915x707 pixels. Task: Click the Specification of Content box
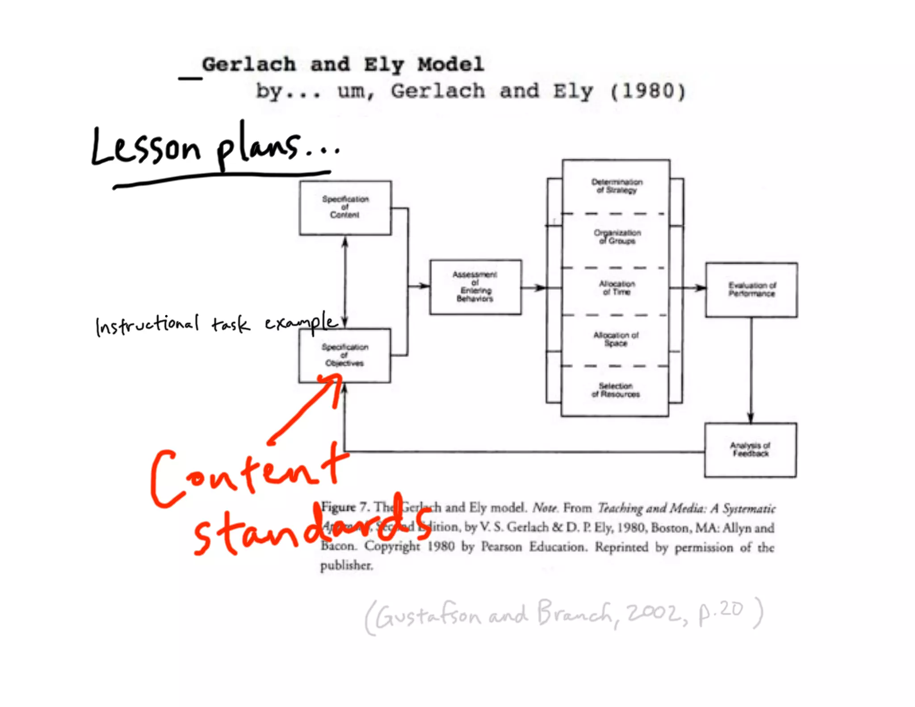345,208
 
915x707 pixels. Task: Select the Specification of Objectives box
344,355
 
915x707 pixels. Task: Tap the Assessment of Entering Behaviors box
475,287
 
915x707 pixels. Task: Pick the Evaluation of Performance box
751,290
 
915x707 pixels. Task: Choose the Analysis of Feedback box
751,450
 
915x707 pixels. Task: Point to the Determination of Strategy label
617,186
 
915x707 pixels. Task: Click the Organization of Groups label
617,237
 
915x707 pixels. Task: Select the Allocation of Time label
617,288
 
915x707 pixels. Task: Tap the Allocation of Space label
616,339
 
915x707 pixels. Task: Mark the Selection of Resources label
616,390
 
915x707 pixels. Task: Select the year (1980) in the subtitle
648,92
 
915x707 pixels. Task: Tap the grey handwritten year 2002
655,612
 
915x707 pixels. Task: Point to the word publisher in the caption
346,565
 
